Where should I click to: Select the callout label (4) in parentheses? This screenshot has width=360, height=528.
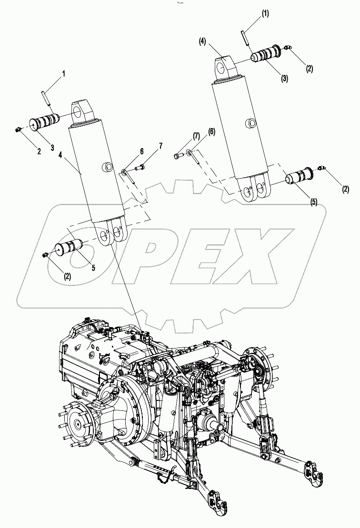203,42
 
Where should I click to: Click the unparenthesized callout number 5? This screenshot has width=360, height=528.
93,268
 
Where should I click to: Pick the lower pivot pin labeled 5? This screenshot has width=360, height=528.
70,248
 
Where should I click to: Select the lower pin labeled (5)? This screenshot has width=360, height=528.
299,178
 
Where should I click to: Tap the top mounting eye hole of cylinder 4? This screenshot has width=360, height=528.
76,111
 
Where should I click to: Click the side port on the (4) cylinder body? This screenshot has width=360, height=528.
249,125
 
